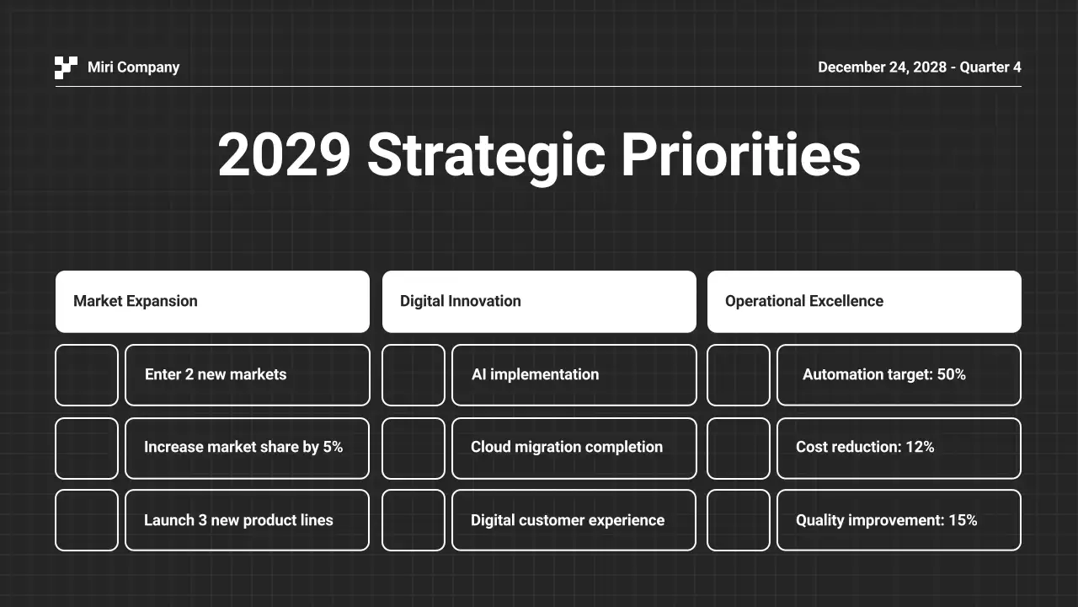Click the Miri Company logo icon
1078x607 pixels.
(66, 67)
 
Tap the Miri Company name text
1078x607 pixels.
(133, 67)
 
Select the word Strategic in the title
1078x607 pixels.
(486, 155)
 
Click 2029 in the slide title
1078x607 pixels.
(284, 155)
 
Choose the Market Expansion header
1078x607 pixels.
(212, 301)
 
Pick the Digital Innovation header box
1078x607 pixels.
(539, 301)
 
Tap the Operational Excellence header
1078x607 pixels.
(864, 301)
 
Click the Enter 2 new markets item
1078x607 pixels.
(216, 374)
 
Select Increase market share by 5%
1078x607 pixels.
(243, 447)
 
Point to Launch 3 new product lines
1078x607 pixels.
(238, 520)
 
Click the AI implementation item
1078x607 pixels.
(536, 374)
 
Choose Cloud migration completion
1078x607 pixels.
(567, 447)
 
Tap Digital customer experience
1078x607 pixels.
(568, 520)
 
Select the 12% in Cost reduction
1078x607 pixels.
(920, 447)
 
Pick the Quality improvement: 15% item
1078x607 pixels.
(886, 520)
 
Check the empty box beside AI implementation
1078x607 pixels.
(414, 374)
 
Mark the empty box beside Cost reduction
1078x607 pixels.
(739, 448)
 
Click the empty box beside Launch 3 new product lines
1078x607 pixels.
(87, 520)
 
